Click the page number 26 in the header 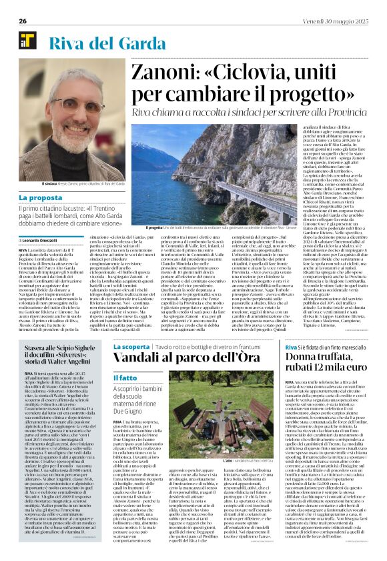[22, 21]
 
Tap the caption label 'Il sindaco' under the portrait [50, 182]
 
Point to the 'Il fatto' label [125, 378]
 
